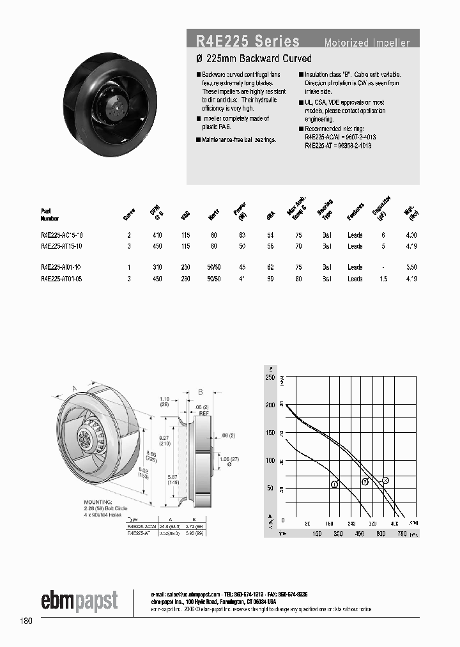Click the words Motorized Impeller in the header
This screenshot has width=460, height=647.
pyautogui.click(x=367, y=43)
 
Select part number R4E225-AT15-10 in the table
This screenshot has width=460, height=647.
pyautogui.click(x=61, y=246)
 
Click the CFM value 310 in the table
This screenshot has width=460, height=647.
pyautogui.click(x=157, y=267)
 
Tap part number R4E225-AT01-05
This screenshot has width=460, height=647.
pyautogui.click(x=61, y=279)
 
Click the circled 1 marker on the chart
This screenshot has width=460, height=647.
pyautogui.click(x=334, y=485)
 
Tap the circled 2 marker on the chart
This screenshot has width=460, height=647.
pyautogui.click(x=365, y=481)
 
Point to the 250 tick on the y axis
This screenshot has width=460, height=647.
pyautogui.click(x=270, y=377)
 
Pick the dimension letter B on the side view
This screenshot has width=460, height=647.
pyautogui.click(x=200, y=391)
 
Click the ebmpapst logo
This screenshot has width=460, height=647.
pyautogui.click(x=79, y=600)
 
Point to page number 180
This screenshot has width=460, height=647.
pyautogui.click(x=26, y=621)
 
